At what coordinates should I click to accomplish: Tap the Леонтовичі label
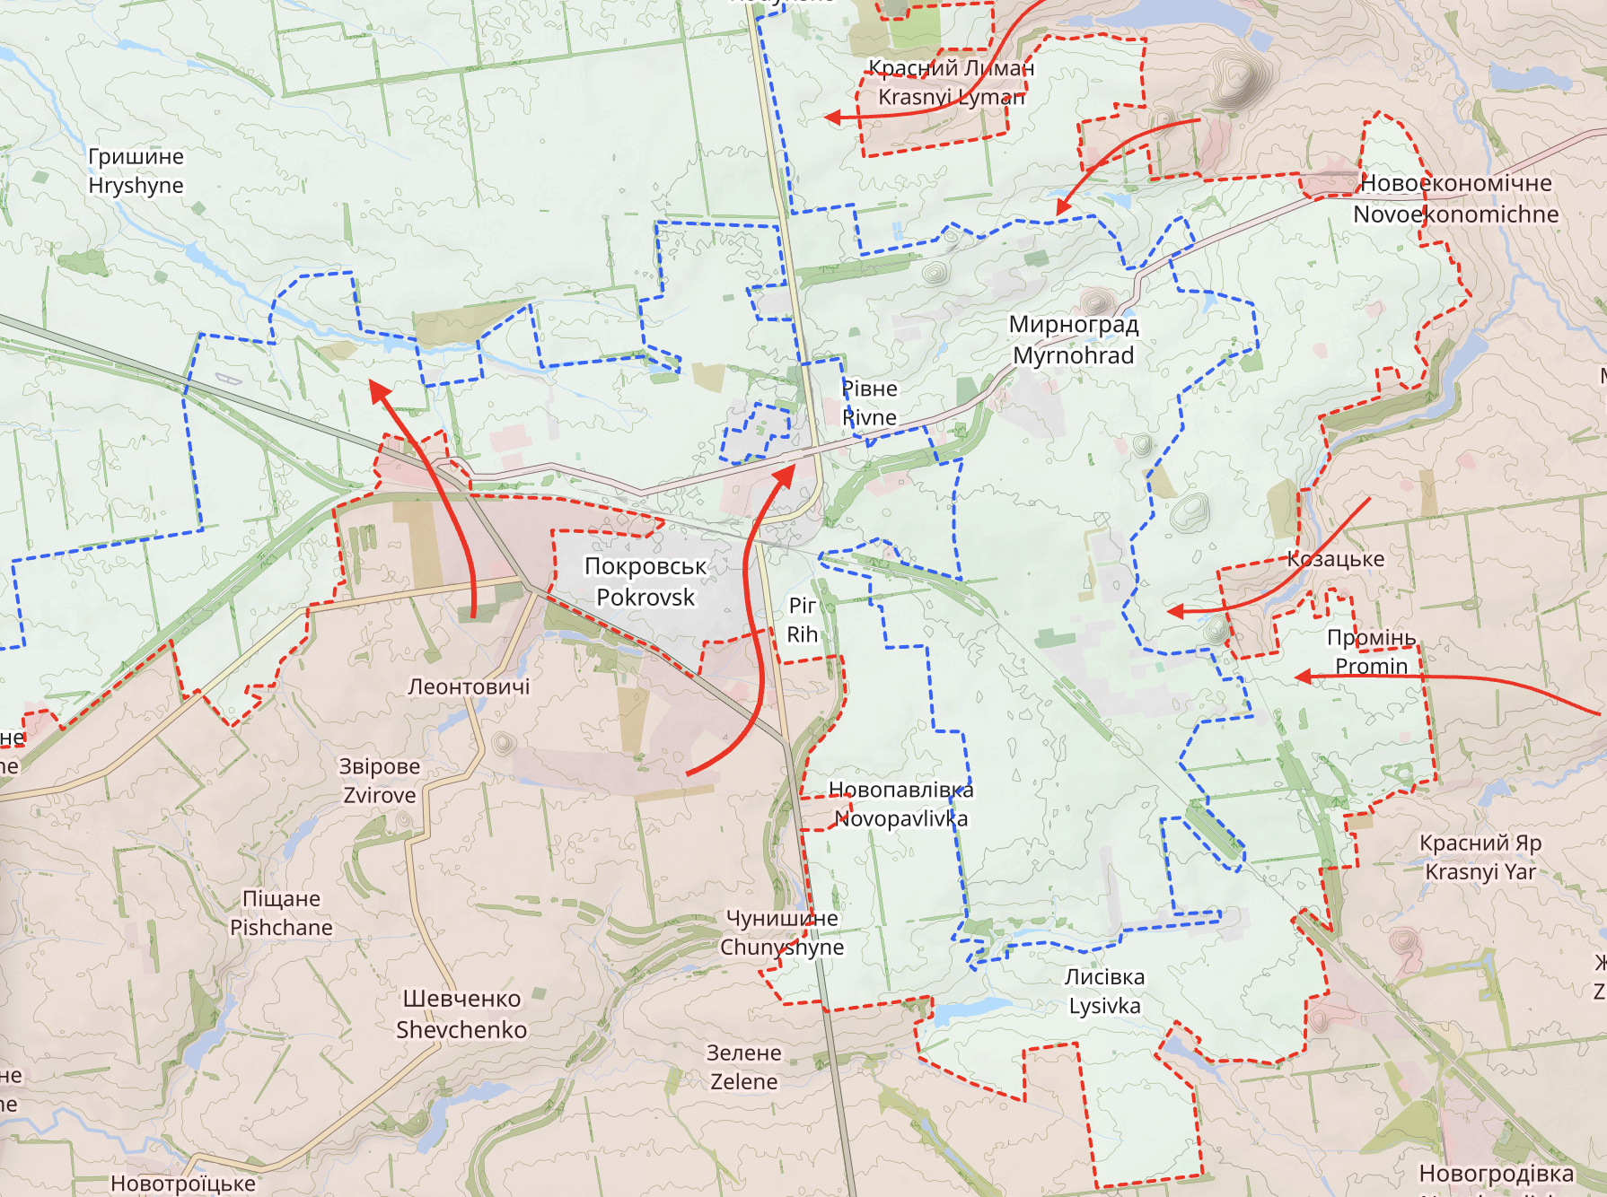(469, 686)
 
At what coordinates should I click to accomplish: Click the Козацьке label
(1335, 559)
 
